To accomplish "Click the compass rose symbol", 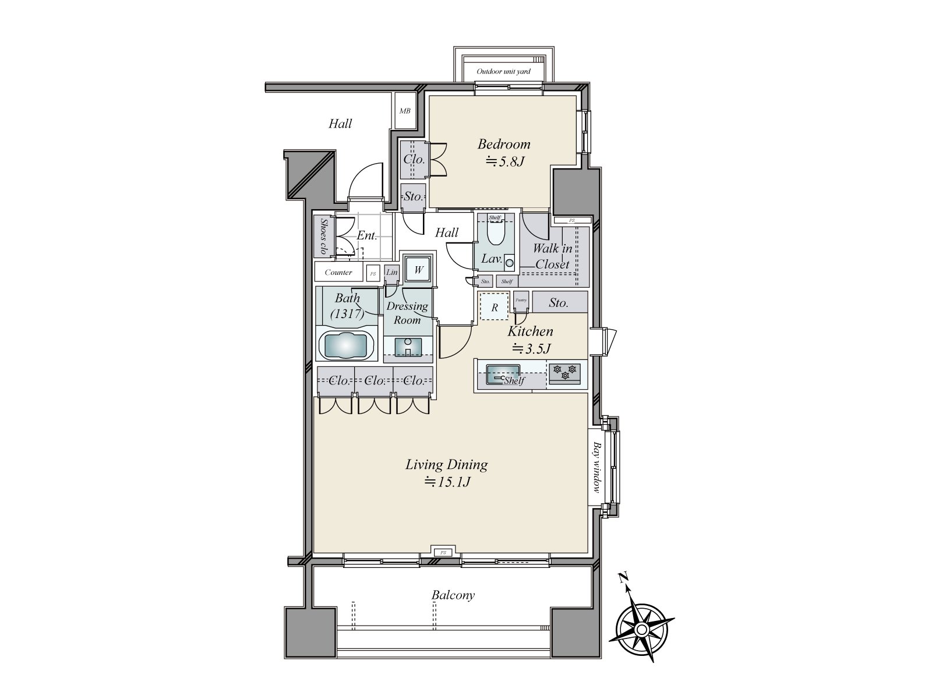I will click(x=641, y=629).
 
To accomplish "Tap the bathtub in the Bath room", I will click(x=346, y=346).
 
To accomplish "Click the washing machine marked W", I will click(x=418, y=270).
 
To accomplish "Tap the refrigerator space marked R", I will click(x=495, y=307).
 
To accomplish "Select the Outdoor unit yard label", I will click(x=503, y=72).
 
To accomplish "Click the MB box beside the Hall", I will click(x=404, y=111).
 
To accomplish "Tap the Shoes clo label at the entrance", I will click(x=322, y=236).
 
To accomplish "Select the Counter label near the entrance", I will click(x=338, y=272).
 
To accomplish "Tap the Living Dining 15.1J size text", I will click(x=447, y=482).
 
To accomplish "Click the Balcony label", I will click(x=453, y=595).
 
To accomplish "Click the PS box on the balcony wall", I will click(x=443, y=552).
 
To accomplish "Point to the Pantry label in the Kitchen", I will click(x=521, y=299).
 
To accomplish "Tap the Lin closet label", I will click(x=391, y=272).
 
